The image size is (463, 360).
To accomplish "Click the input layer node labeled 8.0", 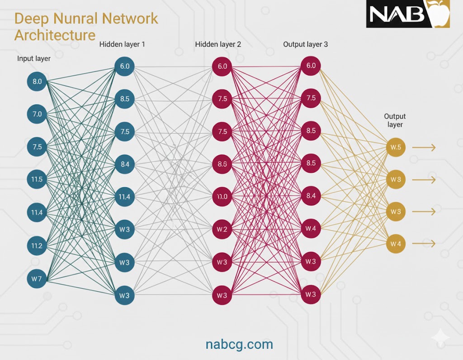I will coord(37,82).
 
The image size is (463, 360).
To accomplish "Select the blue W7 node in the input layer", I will coord(37,279).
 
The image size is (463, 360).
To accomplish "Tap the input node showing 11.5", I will coord(37,180).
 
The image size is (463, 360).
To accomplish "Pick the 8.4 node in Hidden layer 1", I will coord(124,164).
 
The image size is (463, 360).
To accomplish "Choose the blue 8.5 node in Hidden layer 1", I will coord(124,99).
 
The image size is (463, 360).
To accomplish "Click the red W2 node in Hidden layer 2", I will coord(222,229).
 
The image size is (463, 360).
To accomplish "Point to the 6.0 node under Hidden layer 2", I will coord(222,66).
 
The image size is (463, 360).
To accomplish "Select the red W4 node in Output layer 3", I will coord(311,228).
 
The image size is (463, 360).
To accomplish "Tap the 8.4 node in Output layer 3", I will coord(311,196).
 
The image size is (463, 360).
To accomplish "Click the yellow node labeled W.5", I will coord(396,147).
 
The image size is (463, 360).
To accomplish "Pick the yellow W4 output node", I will coord(396,244).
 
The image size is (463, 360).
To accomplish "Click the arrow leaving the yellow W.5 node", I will coord(425,147).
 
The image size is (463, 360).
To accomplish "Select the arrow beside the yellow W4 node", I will coord(425,244).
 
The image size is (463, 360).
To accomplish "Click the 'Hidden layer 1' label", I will coord(122,44).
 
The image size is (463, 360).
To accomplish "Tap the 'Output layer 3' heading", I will coord(306,44).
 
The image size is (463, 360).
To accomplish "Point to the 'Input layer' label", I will coord(34,59).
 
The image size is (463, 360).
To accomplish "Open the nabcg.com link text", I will coord(239,344).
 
